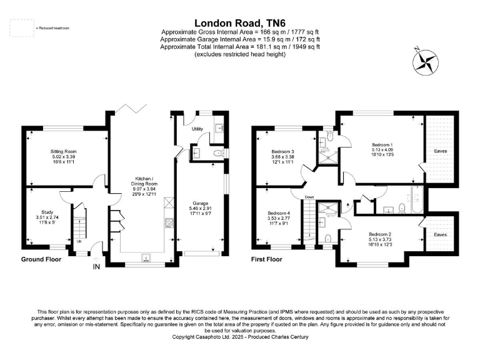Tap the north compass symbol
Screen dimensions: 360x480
click(x=427, y=62)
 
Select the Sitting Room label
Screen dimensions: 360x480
click(x=63, y=151)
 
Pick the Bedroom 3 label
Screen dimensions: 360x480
click(x=282, y=152)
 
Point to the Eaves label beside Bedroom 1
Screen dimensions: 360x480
click(x=441, y=151)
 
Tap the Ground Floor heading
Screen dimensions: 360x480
click(x=41, y=259)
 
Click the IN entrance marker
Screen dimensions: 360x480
click(x=96, y=267)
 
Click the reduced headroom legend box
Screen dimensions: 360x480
click(x=22, y=28)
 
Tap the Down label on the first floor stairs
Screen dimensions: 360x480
click(x=309, y=197)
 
